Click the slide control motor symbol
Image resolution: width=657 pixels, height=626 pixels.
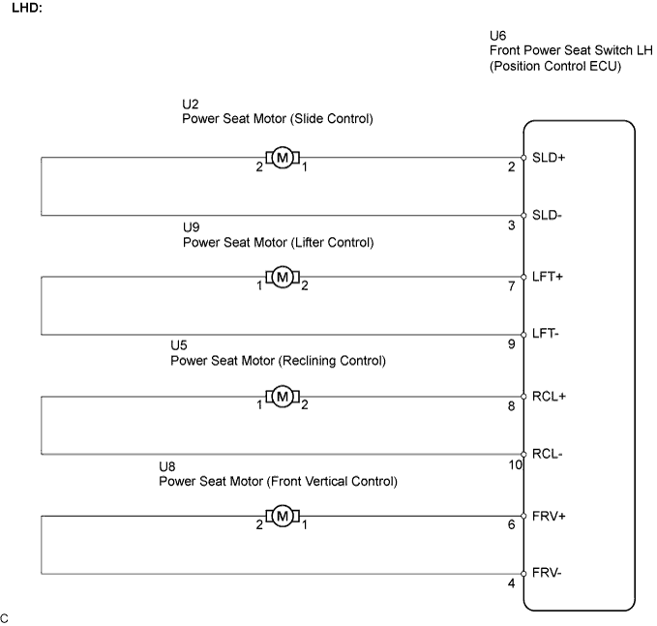[283, 158]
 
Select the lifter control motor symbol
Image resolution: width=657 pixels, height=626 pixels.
[283, 277]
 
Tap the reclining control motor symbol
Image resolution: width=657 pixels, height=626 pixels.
[283, 397]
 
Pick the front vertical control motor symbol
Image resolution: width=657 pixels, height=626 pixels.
[283, 516]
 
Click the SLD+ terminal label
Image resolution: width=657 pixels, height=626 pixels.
[549, 158]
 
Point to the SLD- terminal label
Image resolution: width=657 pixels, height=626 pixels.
[547, 215]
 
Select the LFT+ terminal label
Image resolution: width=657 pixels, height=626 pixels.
[548, 277]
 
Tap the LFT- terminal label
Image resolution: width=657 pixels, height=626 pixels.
[546, 334]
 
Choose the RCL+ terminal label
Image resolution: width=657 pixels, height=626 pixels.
[549, 396]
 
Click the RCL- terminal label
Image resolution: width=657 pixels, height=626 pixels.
[548, 454]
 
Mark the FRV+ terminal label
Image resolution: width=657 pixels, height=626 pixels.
[549, 516]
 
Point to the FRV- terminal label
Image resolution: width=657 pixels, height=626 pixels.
[547, 573]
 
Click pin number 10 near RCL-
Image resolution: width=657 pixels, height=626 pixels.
[515, 464]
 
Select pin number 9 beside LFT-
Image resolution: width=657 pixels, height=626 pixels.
[512, 344]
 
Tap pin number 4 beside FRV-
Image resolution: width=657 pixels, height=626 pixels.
[512, 583]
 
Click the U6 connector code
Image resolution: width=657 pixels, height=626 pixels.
[497, 35]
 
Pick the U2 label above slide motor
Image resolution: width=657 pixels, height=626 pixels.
[191, 104]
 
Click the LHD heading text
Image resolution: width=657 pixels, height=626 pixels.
[27, 8]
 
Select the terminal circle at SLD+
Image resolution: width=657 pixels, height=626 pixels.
[523, 158]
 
